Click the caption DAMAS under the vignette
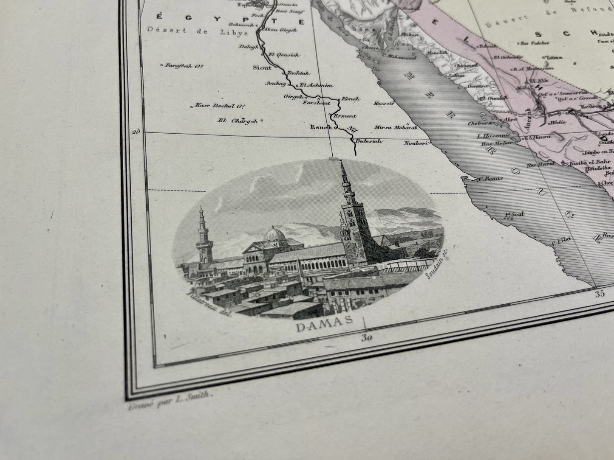[324, 327]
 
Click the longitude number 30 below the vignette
[367, 338]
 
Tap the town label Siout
[261, 67]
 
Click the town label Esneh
[321, 127]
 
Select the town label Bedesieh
[368, 141]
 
